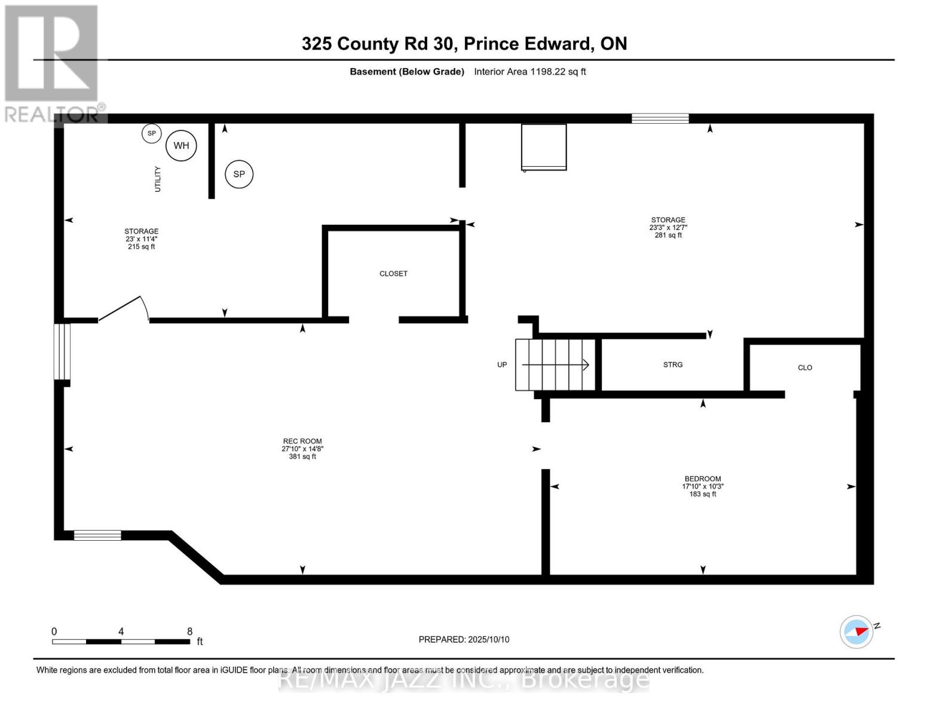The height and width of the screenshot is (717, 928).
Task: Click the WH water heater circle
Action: (x=181, y=146)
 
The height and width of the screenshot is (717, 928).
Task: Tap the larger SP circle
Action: (x=239, y=174)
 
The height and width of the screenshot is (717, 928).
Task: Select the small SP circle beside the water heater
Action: (x=152, y=133)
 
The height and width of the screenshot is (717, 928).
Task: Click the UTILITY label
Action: (x=158, y=179)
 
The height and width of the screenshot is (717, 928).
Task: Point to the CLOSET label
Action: (x=393, y=274)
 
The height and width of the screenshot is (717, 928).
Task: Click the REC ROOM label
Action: (x=302, y=442)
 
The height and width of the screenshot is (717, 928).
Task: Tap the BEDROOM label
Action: (x=703, y=479)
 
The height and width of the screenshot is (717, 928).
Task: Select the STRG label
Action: (x=673, y=364)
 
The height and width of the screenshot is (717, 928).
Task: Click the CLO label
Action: (x=805, y=367)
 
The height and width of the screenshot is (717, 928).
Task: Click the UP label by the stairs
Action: (x=502, y=364)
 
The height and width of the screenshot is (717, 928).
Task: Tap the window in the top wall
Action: (x=660, y=118)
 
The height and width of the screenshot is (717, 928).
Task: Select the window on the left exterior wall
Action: (x=62, y=351)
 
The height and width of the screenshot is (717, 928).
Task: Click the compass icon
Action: (x=856, y=632)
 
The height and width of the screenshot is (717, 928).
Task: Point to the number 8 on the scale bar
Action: (x=190, y=632)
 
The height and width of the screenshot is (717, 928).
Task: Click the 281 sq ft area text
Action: (x=668, y=235)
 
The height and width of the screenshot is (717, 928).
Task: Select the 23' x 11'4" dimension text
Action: (x=142, y=239)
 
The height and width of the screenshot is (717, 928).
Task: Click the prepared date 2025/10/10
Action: (x=488, y=639)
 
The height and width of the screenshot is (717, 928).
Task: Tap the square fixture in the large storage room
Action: (x=544, y=147)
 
